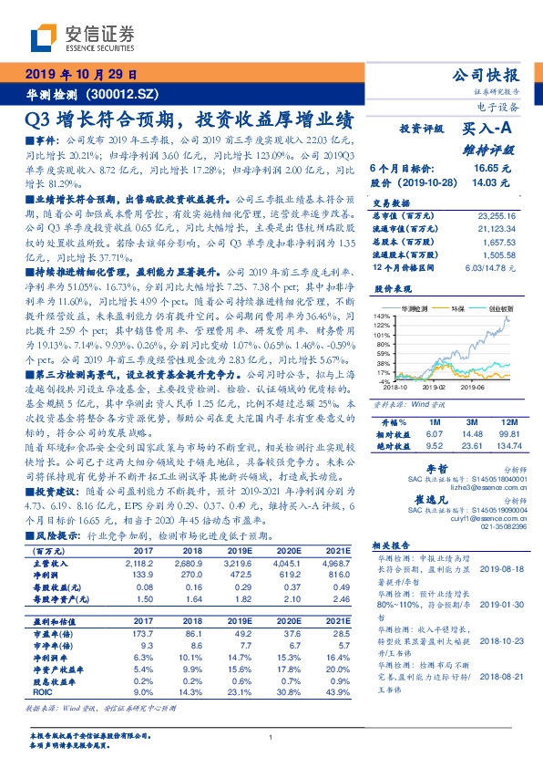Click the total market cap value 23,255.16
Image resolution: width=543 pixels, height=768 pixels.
496,215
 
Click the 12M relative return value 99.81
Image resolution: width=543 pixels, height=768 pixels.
508,434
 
